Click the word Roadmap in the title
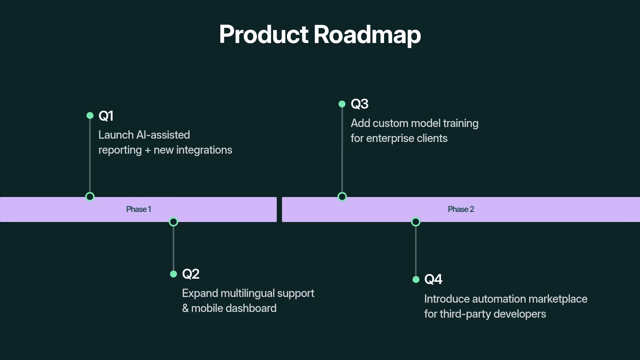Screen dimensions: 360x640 click(367, 34)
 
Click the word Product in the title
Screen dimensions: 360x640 click(264, 34)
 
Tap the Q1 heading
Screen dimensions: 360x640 click(106, 116)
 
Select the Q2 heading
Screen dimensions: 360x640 click(191, 274)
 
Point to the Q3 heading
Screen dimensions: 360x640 click(359, 104)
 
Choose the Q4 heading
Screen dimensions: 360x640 click(433, 279)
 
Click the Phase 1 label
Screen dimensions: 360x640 click(139, 209)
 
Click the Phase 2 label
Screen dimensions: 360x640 click(461, 209)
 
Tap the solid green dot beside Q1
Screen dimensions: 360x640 click(90, 116)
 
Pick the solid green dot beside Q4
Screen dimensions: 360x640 click(416, 280)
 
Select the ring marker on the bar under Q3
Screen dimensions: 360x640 click(342, 197)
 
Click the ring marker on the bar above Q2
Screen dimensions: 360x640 click(173, 222)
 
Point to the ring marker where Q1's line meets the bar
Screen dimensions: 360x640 click(90, 197)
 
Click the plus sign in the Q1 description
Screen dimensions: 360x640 click(148, 150)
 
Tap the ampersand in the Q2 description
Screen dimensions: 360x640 click(185, 308)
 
